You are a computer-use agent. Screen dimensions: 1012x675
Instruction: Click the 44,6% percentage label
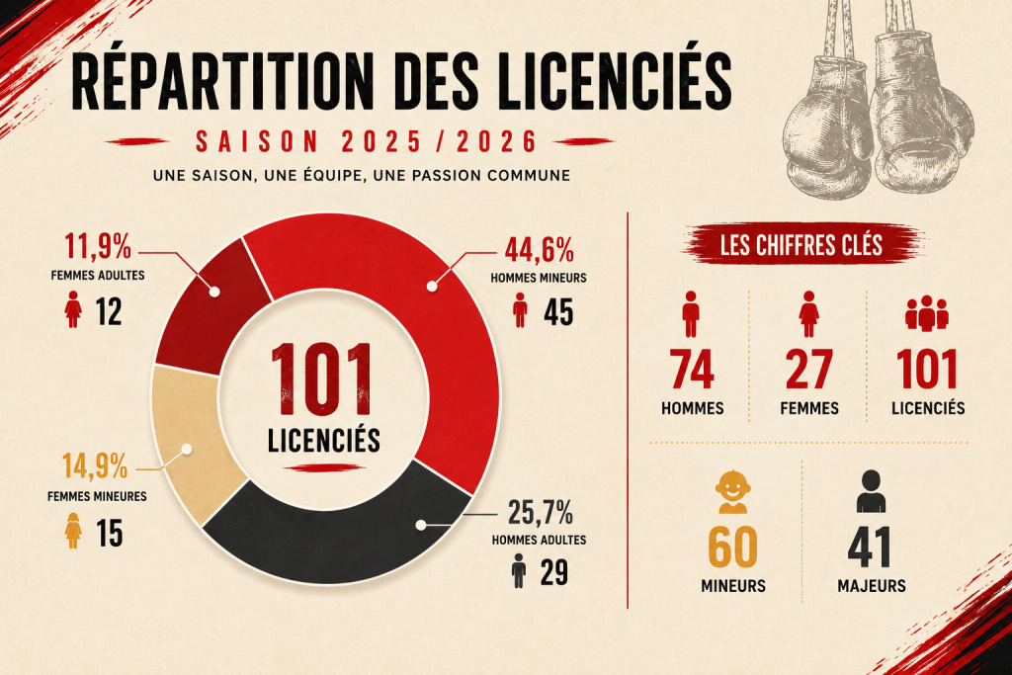click(540, 250)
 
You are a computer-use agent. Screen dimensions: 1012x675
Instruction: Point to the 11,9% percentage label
click(98, 246)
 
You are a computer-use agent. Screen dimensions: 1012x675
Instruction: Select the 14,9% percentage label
click(95, 465)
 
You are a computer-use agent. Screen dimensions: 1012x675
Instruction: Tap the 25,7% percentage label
click(541, 512)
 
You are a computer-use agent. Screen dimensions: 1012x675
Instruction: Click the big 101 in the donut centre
click(322, 379)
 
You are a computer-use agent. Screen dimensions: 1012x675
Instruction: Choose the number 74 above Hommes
click(691, 369)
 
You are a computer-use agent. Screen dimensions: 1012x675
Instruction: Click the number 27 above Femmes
click(809, 369)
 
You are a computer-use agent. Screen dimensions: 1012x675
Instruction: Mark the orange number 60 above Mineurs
click(732, 548)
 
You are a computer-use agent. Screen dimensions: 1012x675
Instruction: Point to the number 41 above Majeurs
click(870, 548)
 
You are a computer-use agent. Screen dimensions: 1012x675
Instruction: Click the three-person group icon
click(927, 313)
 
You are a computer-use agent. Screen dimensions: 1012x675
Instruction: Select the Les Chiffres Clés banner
click(801, 245)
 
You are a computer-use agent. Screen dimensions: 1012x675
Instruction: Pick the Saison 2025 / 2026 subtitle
click(366, 141)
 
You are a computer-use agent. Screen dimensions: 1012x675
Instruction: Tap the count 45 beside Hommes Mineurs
click(558, 312)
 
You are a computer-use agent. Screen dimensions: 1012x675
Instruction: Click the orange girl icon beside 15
click(73, 531)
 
